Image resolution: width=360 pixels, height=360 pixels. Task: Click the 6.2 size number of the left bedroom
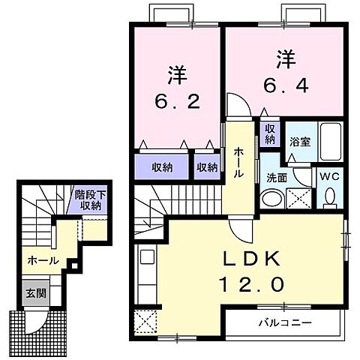pyautogui.click(x=177, y=101)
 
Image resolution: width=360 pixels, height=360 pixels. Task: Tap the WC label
pyautogui.click(x=330, y=177)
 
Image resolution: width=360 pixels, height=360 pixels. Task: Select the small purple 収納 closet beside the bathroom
pyautogui.click(x=269, y=134)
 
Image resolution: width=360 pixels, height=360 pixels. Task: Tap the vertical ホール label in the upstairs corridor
pyautogui.click(x=238, y=162)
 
